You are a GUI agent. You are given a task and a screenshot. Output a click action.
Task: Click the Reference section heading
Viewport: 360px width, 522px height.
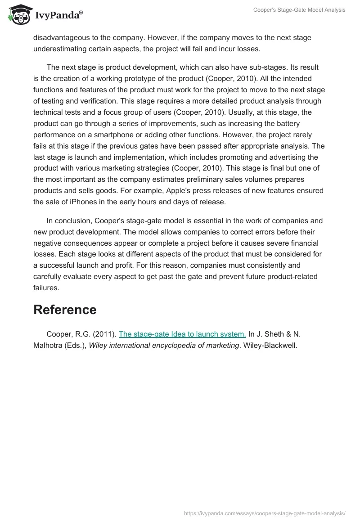click(x=65, y=310)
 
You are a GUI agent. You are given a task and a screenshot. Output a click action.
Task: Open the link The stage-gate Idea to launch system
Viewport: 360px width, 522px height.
click(x=182, y=334)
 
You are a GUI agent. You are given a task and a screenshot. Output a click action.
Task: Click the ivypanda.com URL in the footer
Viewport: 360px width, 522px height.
click(x=265, y=513)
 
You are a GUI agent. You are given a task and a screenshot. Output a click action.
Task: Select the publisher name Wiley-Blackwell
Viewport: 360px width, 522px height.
click(x=270, y=346)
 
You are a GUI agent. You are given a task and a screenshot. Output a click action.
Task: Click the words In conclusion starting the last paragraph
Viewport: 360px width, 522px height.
click(x=67, y=221)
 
